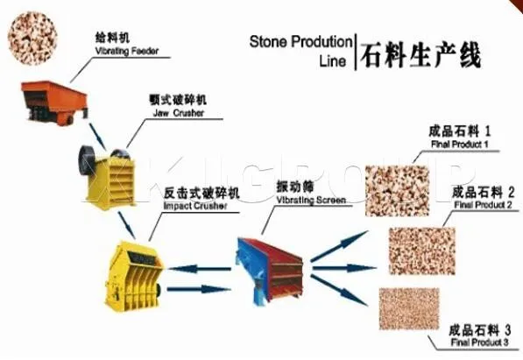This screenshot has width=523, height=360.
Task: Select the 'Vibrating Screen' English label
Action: point(312,200)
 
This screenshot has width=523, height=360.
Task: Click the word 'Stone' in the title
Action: point(269,41)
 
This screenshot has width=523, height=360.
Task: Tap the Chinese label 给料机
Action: point(112,39)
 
